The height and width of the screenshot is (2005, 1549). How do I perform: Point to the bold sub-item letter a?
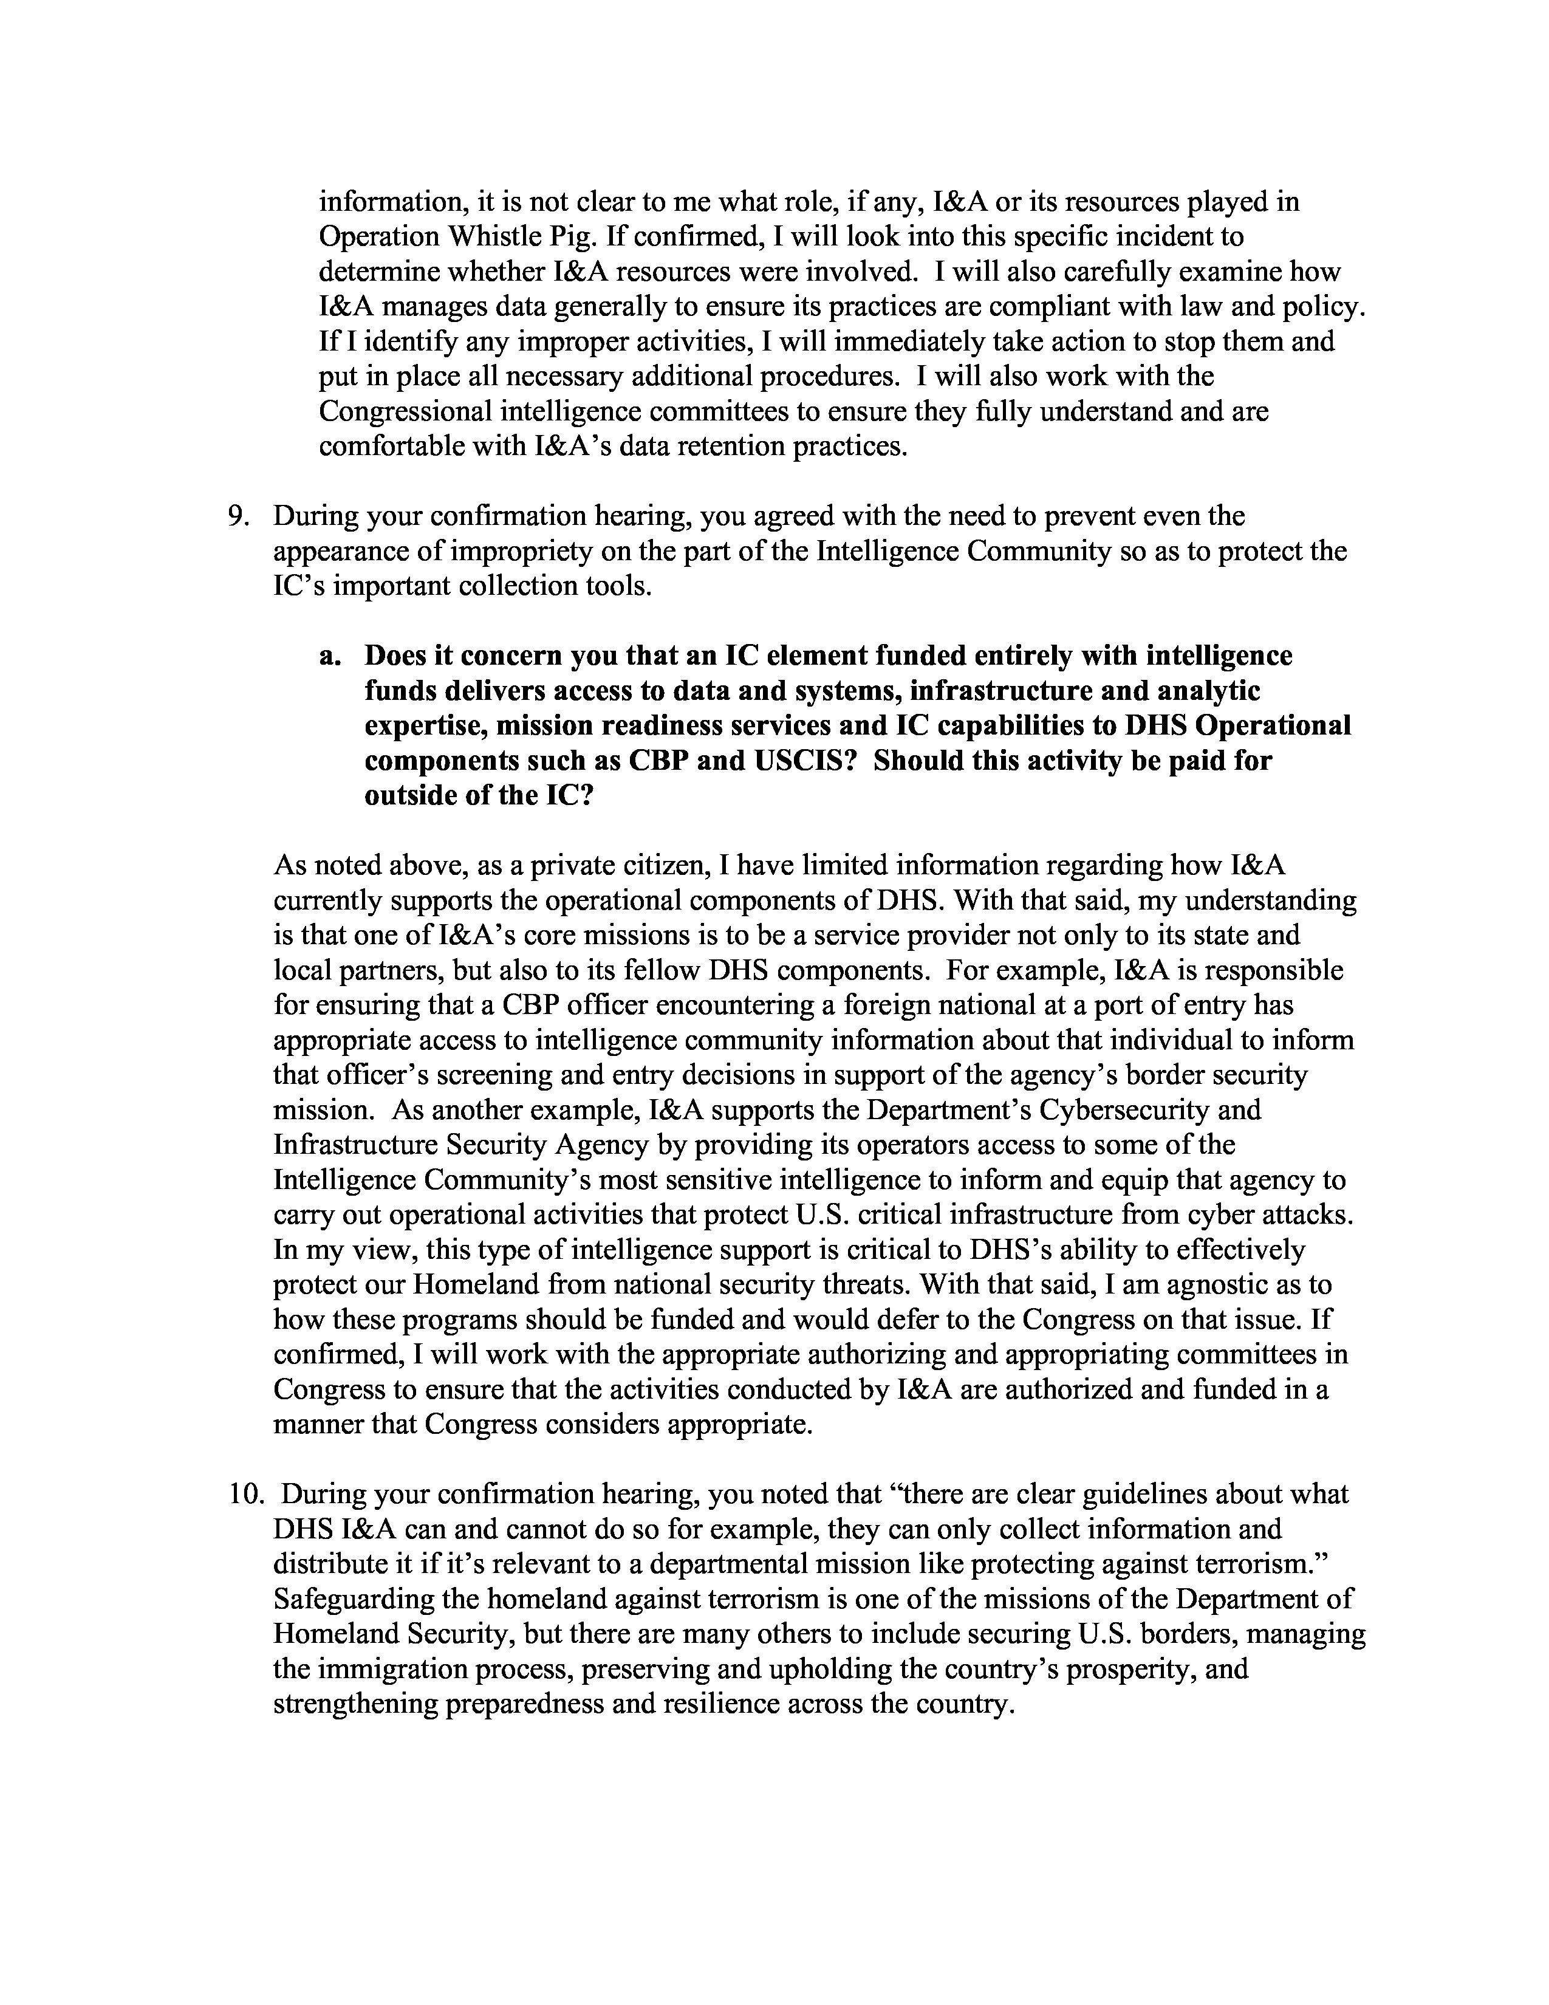(x=329, y=656)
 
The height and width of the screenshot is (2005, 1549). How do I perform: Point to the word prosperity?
(x=1123, y=1669)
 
